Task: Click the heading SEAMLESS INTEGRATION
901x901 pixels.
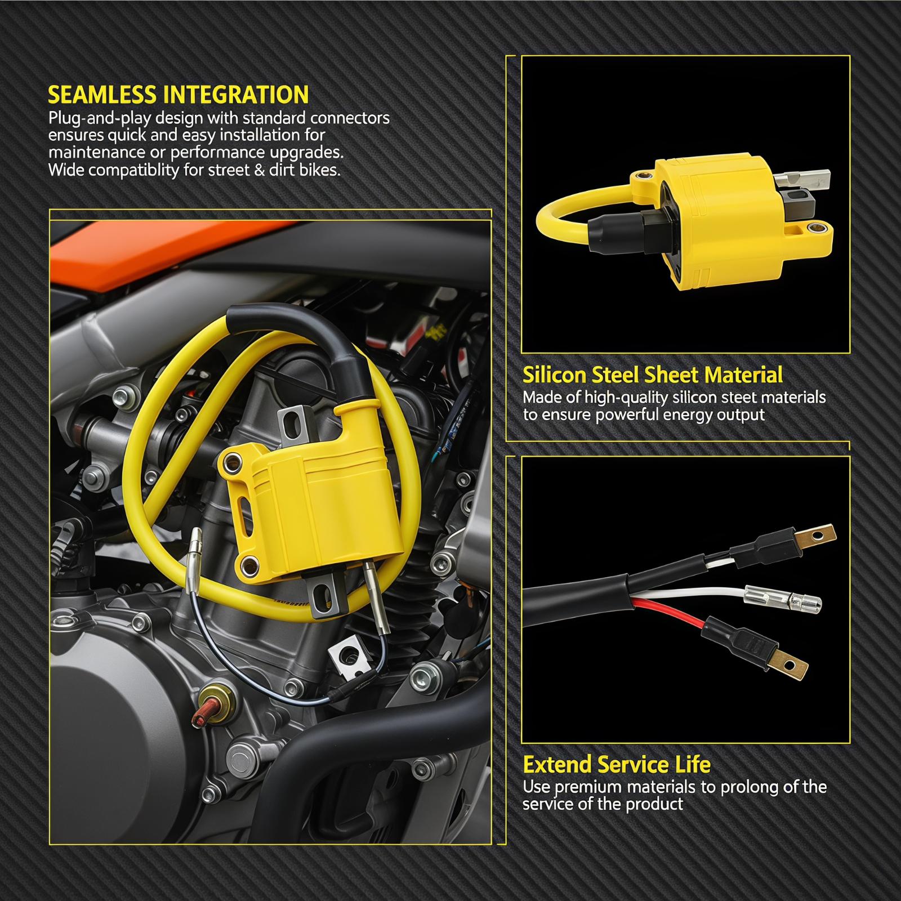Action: [178, 94]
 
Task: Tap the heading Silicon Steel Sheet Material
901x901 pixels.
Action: [652, 374]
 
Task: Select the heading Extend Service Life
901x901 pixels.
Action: [617, 765]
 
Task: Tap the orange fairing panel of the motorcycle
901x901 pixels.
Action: [169, 253]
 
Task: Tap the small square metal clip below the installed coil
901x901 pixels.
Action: [348, 658]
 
